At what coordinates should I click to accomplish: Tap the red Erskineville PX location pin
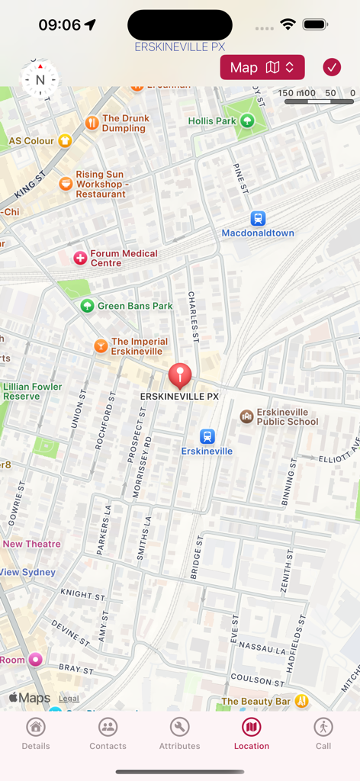tap(180, 374)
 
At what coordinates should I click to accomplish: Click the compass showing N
tap(40, 79)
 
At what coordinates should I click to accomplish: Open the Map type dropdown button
tap(262, 67)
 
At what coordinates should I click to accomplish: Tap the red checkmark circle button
tap(332, 67)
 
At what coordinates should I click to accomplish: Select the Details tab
tap(36, 734)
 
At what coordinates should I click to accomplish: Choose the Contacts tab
tap(108, 734)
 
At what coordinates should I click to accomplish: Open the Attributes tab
tap(179, 734)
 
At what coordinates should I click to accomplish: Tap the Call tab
tap(323, 734)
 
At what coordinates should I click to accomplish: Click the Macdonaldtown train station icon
tap(258, 218)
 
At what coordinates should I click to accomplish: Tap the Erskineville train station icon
tap(207, 436)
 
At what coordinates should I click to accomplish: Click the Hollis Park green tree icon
tap(247, 121)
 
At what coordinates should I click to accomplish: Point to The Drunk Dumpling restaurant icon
tap(92, 123)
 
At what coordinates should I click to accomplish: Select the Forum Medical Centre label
tap(124, 258)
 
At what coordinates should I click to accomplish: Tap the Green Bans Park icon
tap(87, 306)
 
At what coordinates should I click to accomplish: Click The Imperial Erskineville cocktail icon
tap(100, 346)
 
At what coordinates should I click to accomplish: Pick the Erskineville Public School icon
tap(246, 416)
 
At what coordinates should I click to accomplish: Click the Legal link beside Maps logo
tap(69, 698)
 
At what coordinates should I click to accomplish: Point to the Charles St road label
tap(193, 316)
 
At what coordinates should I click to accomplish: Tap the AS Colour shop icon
tap(65, 140)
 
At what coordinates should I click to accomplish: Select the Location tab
tap(251, 734)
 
